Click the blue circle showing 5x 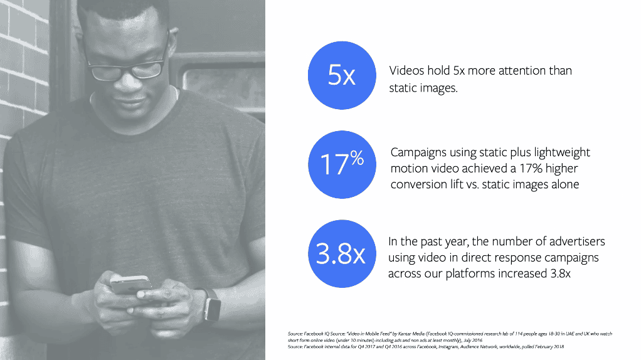[x=341, y=76]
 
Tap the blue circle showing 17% [x=341, y=162]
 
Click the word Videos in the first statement [x=408, y=71]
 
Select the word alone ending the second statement [x=563, y=184]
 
